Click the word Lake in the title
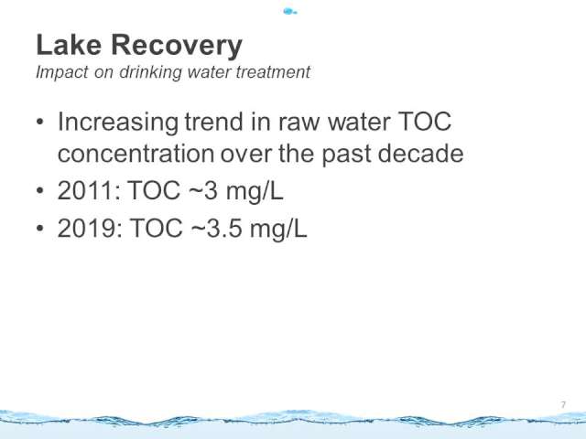(x=69, y=45)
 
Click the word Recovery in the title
(x=177, y=47)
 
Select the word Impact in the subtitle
(x=62, y=72)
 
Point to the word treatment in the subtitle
(x=273, y=71)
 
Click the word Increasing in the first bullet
(x=118, y=123)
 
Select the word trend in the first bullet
(x=214, y=122)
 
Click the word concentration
(x=136, y=154)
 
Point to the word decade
(x=420, y=153)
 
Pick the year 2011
(x=90, y=190)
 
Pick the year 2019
(x=90, y=228)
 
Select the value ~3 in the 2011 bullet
(x=203, y=191)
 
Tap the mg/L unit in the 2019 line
(x=278, y=229)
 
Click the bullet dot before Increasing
(x=40, y=122)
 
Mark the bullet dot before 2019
(x=40, y=228)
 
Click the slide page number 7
(x=563, y=405)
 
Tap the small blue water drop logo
(x=290, y=12)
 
